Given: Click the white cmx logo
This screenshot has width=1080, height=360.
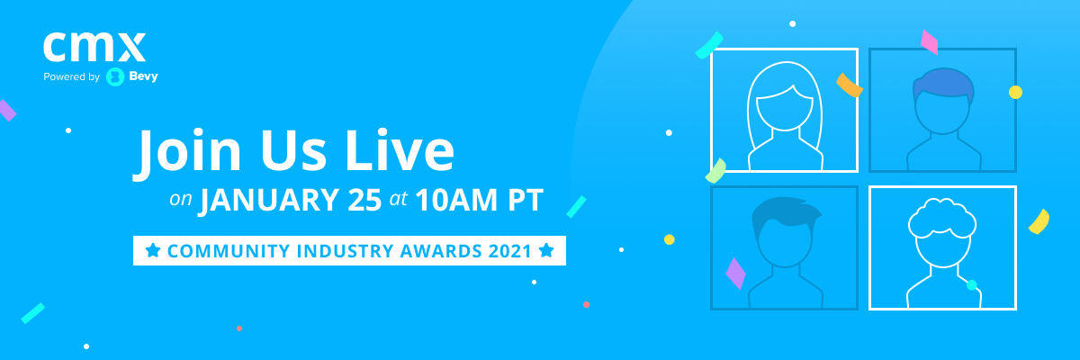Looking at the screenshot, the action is (94, 47).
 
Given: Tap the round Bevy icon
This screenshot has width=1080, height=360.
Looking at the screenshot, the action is (115, 76).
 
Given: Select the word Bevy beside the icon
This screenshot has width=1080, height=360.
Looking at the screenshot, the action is (143, 76).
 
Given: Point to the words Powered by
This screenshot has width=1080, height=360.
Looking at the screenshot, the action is (71, 76).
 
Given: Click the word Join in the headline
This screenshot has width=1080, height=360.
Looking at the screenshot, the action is (186, 150).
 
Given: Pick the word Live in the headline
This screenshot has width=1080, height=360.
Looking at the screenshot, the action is (400, 149).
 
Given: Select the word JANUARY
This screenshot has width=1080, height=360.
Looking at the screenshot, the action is (269, 200).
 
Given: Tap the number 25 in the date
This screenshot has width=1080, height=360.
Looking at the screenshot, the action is (364, 200).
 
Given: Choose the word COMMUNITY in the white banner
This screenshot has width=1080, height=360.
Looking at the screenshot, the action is (228, 251).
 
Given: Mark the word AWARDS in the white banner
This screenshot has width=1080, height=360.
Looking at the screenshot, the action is (441, 251).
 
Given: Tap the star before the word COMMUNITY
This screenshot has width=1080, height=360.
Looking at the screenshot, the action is (153, 250).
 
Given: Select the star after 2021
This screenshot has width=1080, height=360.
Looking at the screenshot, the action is (546, 250).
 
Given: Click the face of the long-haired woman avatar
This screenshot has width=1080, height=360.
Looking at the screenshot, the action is (785, 108).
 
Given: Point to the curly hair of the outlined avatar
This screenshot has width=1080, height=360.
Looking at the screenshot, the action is (942, 217).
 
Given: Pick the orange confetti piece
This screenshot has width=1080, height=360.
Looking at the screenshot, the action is (849, 85).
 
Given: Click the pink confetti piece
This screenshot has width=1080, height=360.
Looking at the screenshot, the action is (930, 42).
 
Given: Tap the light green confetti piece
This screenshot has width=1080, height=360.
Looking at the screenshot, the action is (716, 171).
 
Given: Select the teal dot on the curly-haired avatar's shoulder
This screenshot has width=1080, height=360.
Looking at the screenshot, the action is (971, 284).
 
